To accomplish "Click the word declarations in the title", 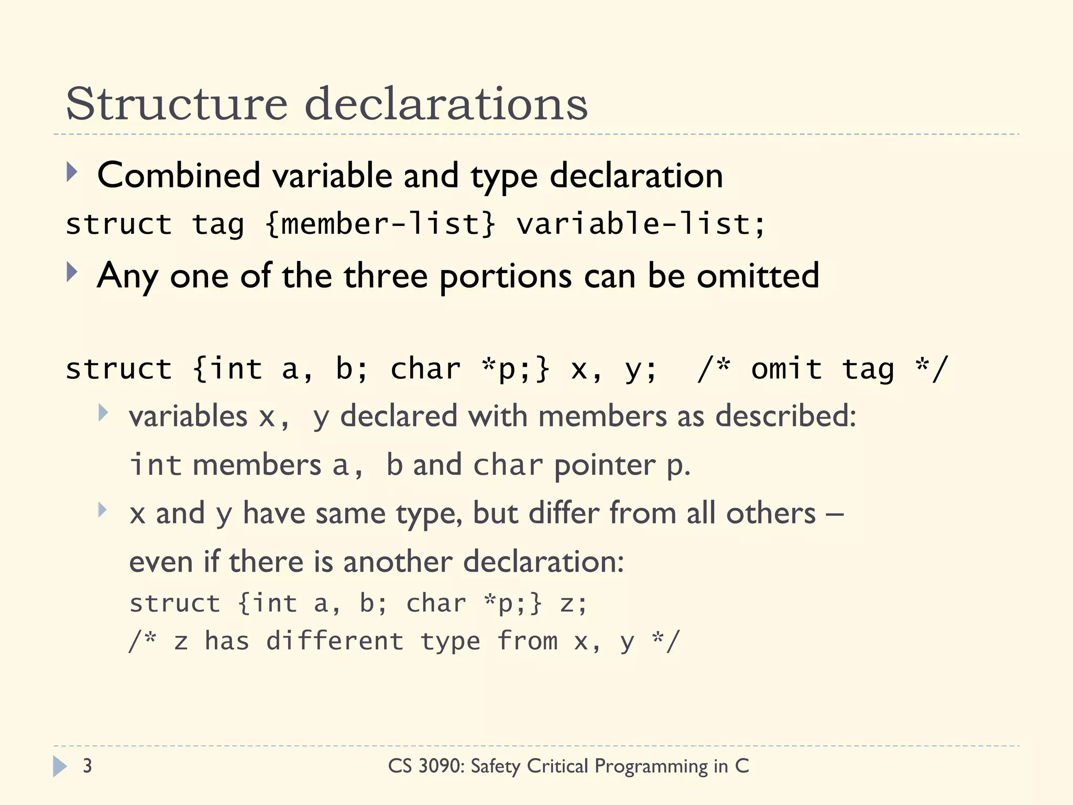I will tap(446, 104).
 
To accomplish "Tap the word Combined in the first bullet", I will tap(179, 176).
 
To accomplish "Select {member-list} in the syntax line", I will tap(380, 224).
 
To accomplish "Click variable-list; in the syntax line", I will tap(640, 224).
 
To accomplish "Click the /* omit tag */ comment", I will tap(823, 369).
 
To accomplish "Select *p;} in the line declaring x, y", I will tap(516, 369).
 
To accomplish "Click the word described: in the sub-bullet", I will tap(785, 417).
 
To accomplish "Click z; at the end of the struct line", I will tap(574, 603).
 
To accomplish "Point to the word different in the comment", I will tap(335, 641).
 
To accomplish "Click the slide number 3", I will tap(87, 766).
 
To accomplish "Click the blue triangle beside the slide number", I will tap(60, 766).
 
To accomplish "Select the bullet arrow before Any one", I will tap(72, 273).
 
